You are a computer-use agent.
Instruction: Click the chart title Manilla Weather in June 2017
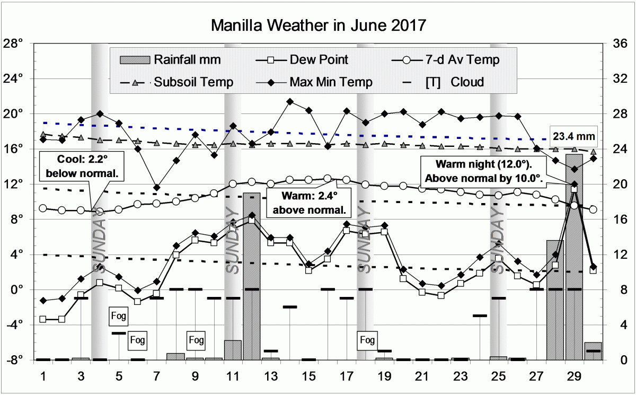pos(318,25)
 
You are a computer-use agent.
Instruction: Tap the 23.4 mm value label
pos(573,136)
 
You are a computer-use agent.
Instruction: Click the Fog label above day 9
pos(196,339)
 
